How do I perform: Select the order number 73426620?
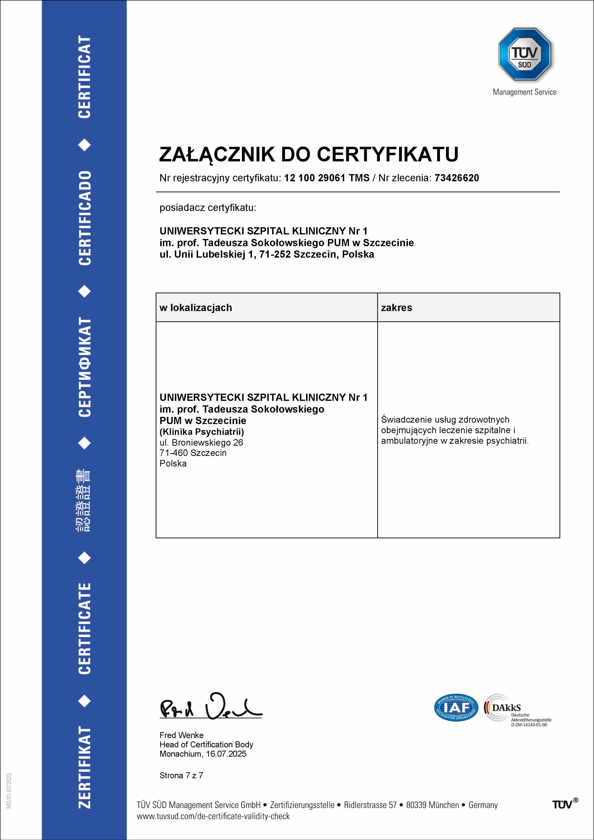point(457,178)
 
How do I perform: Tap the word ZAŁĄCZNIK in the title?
point(217,154)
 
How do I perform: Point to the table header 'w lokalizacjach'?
point(195,308)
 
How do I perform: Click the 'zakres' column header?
point(396,308)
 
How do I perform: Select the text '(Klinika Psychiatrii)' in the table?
point(202,432)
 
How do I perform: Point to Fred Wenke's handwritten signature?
point(211,707)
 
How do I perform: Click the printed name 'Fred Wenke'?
point(182,735)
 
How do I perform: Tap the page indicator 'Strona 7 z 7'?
point(181,775)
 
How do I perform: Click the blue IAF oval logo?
point(456,708)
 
